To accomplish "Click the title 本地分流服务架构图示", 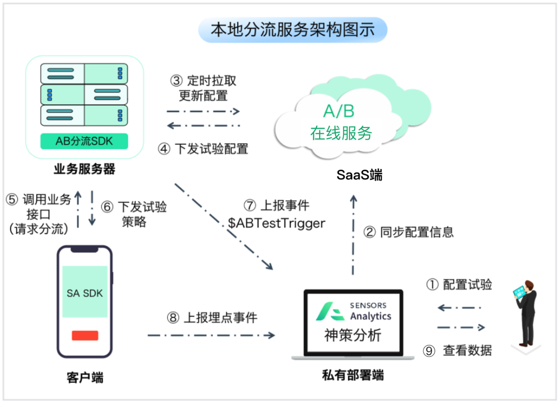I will [x=293, y=30].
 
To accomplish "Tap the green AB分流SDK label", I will [x=84, y=141].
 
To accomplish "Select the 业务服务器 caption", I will [x=84, y=169].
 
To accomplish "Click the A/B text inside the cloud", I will [x=339, y=111].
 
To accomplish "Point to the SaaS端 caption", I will [x=359, y=175].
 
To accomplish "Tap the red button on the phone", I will [x=85, y=335].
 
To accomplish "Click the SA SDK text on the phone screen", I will [x=85, y=293].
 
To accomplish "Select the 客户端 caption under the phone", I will [x=85, y=378].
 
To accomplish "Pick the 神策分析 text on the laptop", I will [x=353, y=335].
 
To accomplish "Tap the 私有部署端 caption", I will [x=353, y=375].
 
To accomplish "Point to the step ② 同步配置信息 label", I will [x=408, y=232].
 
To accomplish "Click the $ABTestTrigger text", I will [x=276, y=223].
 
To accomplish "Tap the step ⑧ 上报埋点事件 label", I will [x=212, y=318].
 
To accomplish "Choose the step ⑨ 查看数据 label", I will [x=457, y=351].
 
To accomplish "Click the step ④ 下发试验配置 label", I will [x=203, y=149].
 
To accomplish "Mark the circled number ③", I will [x=176, y=81].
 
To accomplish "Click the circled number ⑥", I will [x=107, y=207].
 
